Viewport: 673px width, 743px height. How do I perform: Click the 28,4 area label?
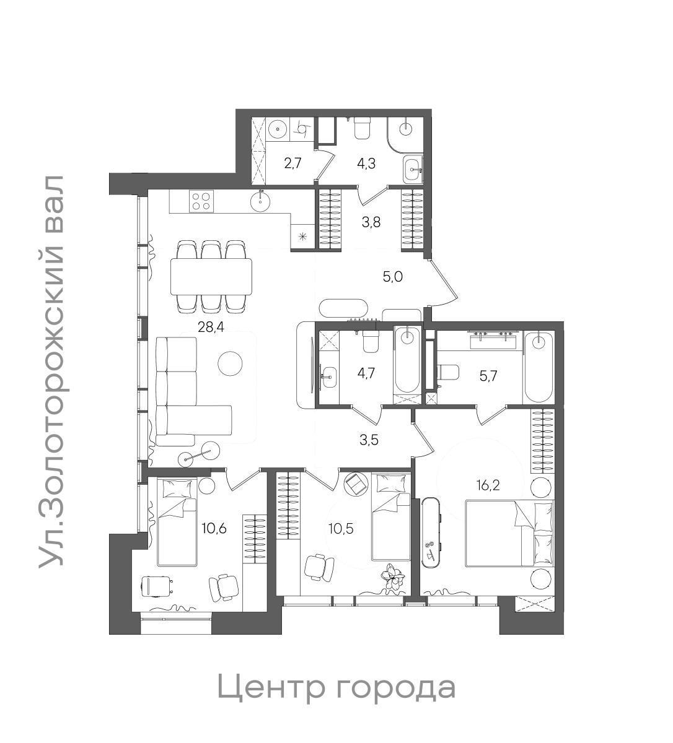[210, 328]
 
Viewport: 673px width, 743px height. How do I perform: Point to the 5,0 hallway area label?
[392, 277]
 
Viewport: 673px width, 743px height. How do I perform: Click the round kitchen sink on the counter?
[262, 200]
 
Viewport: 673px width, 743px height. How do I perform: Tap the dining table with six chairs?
[212, 276]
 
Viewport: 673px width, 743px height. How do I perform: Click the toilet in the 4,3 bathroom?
[362, 129]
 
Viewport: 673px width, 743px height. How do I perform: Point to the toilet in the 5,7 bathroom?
[447, 372]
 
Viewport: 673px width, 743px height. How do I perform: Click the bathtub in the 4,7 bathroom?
[407, 359]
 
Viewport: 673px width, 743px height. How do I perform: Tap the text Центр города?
[336, 687]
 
